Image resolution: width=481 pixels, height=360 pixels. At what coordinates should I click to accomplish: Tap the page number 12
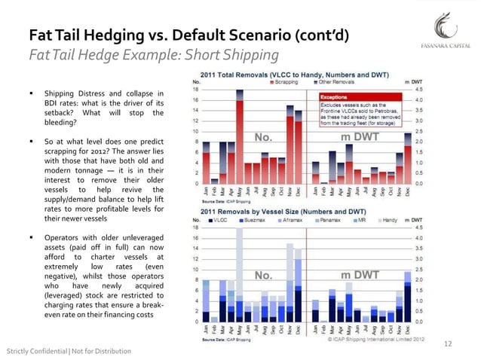coord(448,344)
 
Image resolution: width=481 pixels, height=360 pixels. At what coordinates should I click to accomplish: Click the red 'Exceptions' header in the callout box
coord(334,96)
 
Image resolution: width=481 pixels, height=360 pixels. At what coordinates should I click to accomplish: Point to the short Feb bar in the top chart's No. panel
coord(214,181)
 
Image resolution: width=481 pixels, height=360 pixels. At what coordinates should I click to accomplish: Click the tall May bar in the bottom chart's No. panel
coord(240,275)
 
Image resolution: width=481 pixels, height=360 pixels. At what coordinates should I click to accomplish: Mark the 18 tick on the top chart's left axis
coord(196,88)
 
